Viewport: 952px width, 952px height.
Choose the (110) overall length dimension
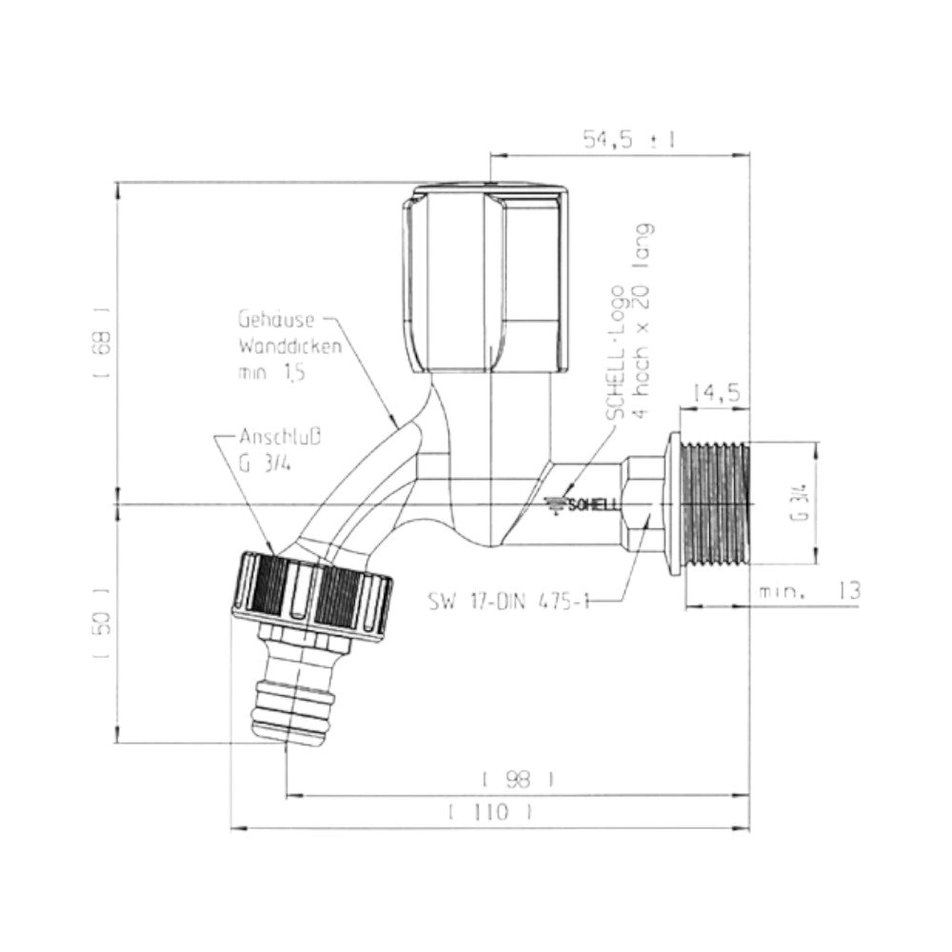(488, 813)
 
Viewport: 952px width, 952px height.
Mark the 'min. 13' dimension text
(809, 591)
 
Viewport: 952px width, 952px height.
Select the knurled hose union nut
(312, 594)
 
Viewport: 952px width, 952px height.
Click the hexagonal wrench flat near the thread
(644, 504)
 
